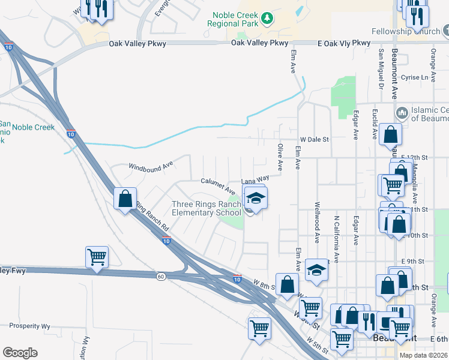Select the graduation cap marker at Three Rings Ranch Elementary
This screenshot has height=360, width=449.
point(256,199)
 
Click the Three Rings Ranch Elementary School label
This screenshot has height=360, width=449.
point(206,208)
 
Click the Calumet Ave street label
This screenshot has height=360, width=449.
point(218,185)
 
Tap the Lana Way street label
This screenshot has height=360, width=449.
point(255,179)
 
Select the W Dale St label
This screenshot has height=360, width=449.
point(315,139)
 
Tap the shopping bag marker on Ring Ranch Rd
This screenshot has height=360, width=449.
point(125,199)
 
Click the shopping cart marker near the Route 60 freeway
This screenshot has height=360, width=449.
point(97,257)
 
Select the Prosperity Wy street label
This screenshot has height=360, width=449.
point(29,326)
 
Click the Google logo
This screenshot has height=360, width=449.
point(20,353)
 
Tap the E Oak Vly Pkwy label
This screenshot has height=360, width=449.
point(344,43)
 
